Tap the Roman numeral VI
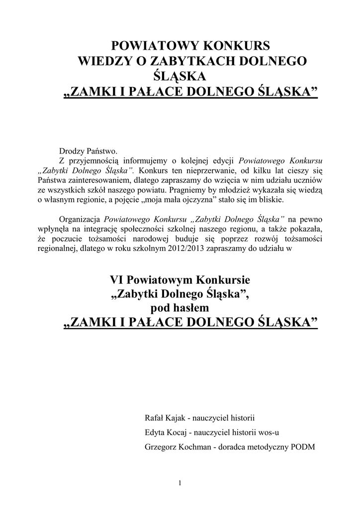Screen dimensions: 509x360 115,280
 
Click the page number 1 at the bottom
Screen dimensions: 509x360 180,483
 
